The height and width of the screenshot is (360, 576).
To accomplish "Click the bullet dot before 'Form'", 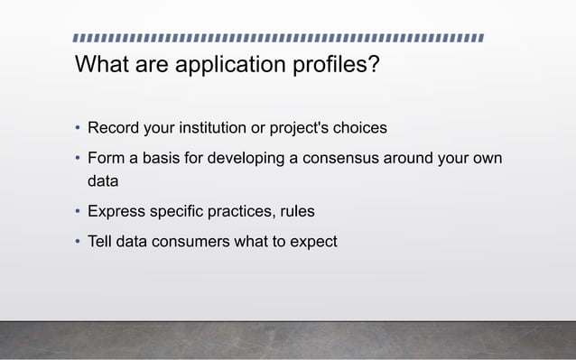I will tap(78, 160).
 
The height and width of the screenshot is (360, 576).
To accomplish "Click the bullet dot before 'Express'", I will tap(78, 213).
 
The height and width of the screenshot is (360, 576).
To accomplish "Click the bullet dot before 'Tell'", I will tap(78, 242).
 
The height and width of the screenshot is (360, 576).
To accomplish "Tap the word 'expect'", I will tap(311, 242).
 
